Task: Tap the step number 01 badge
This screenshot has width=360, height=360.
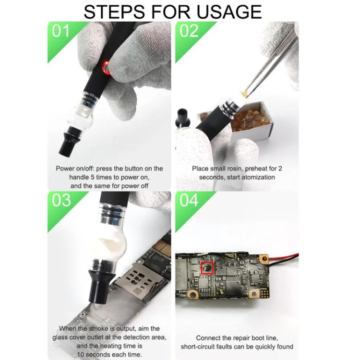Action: (60, 32)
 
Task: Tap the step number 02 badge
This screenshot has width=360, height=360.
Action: (189, 32)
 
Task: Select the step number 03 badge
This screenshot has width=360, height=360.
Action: (61, 200)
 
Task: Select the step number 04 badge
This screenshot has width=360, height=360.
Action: (189, 200)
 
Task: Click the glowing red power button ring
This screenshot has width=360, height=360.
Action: (106, 69)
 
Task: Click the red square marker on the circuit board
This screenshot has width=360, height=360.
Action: (207, 267)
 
